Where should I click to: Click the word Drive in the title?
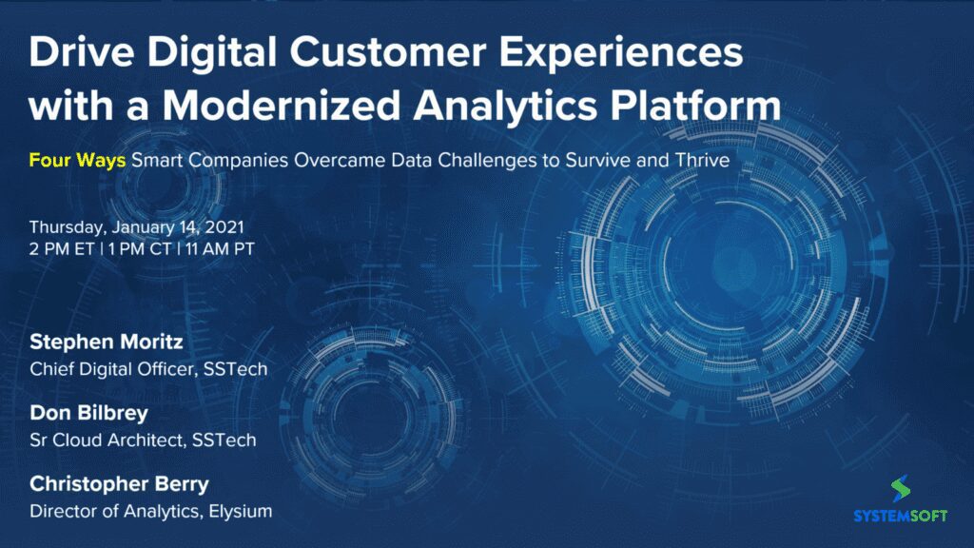point(82,51)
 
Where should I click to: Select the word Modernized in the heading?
point(282,106)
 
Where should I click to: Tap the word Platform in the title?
point(695,106)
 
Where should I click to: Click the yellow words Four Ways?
point(77,160)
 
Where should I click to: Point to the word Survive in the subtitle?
point(597,160)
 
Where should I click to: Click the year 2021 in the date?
point(224,227)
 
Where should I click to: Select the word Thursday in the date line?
point(67,228)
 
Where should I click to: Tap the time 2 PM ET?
point(62,249)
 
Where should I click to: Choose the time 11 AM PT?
point(220,249)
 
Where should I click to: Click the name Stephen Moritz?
point(107,342)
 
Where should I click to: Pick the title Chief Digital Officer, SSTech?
point(148,369)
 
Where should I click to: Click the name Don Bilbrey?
point(88,413)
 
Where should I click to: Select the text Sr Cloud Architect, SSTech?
point(143,440)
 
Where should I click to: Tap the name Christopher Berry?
point(119,484)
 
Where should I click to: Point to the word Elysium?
point(241,511)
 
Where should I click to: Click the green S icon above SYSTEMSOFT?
point(900,489)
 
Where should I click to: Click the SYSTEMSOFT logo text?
point(900,516)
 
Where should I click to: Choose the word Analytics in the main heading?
point(504,107)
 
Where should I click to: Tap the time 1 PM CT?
point(140,249)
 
